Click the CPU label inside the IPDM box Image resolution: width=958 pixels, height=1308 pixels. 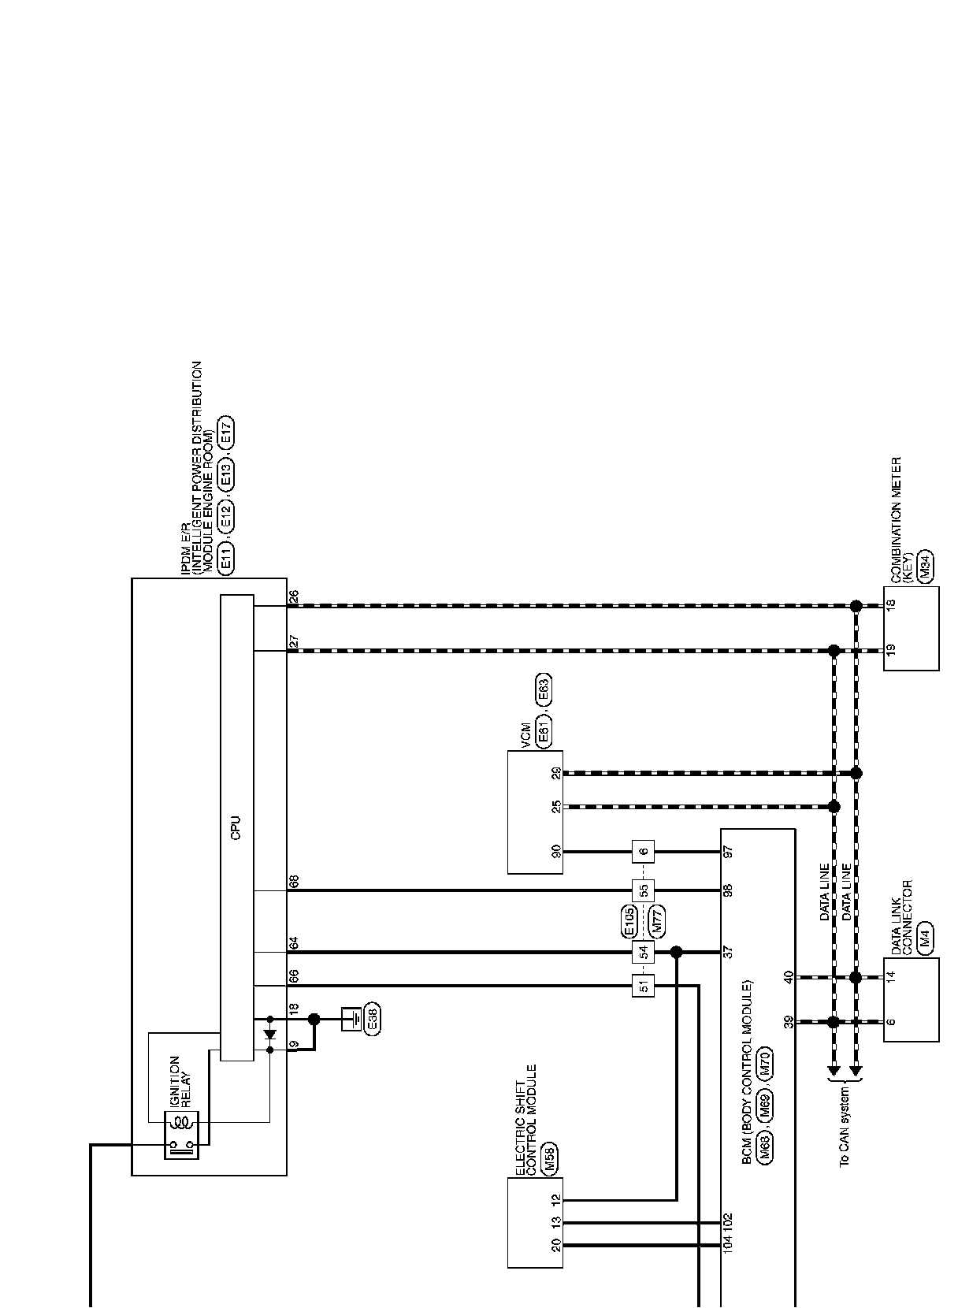[x=236, y=827]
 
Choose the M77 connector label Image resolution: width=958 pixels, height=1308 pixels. [x=658, y=921]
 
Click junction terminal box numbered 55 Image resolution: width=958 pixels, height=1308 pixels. [x=644, y=891]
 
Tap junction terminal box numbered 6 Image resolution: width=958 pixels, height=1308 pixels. [x=644, y=852]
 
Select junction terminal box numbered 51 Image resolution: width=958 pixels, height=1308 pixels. [x=644, y=986]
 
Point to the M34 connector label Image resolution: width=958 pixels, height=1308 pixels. [x=926, y=564]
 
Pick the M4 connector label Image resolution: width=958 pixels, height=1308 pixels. [x=926, y=936]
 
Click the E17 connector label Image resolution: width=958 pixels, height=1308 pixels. [x=226, y=434]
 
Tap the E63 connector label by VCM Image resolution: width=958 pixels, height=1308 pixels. [x=544, y=690]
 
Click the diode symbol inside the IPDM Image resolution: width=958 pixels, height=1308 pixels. [x=270, y=1034]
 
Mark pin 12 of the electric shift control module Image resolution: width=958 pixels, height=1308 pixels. [x=556, y=1200]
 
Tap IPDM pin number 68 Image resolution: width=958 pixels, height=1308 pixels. [x=294, y=881]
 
